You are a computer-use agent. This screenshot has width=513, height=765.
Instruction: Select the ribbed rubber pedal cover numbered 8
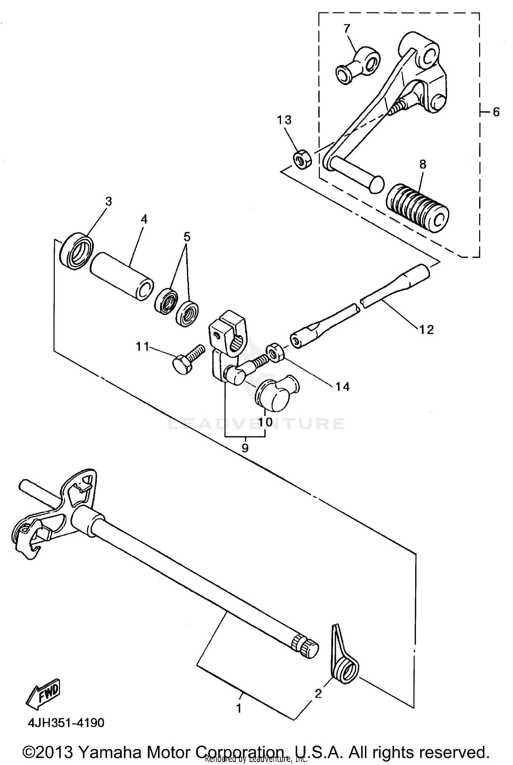point(417,209)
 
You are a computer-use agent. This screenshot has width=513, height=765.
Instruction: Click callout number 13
point(284,120)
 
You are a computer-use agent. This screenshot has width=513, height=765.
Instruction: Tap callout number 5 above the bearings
point(187,237)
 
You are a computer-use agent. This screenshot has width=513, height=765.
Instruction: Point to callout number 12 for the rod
point(426,329)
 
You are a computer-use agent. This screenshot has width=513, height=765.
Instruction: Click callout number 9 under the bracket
point(245,448)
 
